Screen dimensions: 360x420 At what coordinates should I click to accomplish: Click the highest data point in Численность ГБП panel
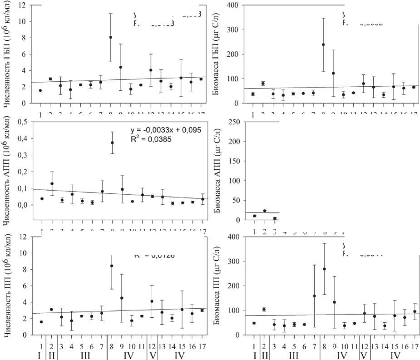click(x=111, y=37)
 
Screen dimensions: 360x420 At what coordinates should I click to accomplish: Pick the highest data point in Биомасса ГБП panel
click(x=323, y=44)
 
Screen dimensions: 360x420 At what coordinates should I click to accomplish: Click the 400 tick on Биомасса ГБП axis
click(x=235, y=5)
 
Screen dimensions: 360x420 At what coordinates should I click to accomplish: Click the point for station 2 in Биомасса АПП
click(x=265, y=211)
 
